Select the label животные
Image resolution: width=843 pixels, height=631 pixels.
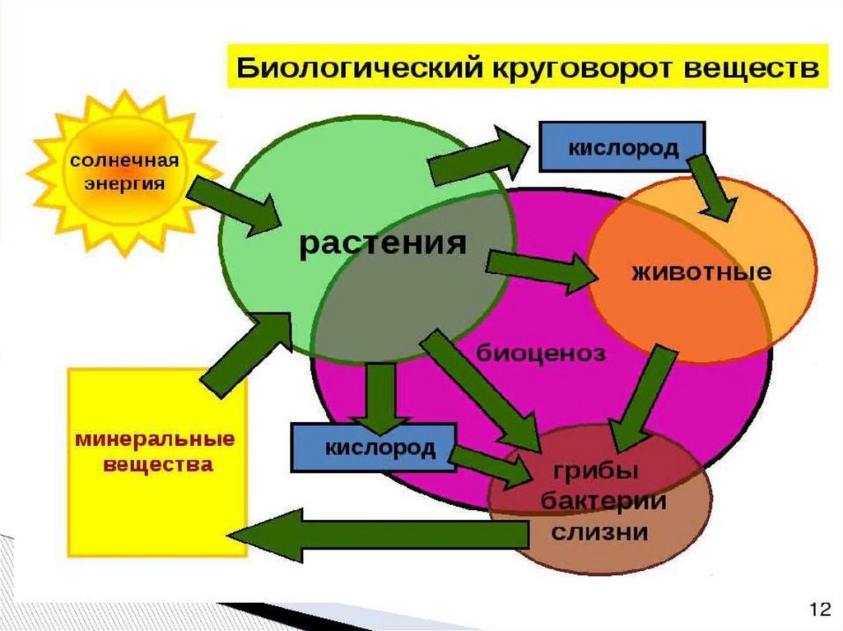coord(701,271)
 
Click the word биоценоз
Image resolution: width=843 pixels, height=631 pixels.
coord(541,354)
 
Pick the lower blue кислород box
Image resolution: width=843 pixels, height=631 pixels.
coord(374,448)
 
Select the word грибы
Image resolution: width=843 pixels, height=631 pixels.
coord(597,473)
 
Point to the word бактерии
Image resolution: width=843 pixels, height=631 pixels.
coord(597,502)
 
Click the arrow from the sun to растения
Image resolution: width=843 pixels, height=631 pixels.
coord(235,206)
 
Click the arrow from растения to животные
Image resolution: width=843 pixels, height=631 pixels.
coord(539,271)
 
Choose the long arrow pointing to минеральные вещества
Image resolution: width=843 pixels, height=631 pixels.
coord(379,536)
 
